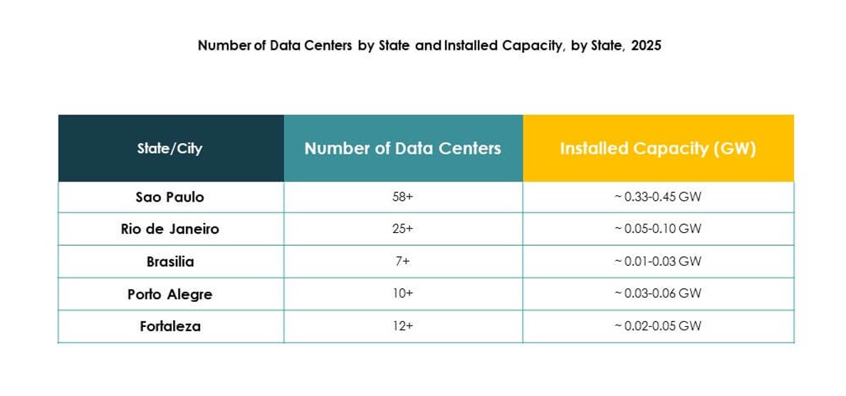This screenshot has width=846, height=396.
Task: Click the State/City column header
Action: (x=169, y=148)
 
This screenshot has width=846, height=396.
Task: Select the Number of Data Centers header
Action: (x=402, y=148)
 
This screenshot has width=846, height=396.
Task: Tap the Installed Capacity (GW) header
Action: (x=657, y=148)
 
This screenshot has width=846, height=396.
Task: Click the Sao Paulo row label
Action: (x=169, y=197)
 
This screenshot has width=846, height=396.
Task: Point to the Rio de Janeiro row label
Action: (x=169, y=229)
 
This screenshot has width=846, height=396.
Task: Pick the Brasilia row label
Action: (x=169, y=261)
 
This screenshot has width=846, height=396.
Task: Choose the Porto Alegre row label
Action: (x=169, y=293)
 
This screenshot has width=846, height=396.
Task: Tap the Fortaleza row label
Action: (x=169, y=326)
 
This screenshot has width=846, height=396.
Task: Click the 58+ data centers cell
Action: (x=402, y=197)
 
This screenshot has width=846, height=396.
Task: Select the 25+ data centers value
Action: (x=402, y=229)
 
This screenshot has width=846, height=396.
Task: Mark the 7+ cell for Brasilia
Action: (x=402, y=261)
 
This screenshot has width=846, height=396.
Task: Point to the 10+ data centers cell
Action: (x=402, y=293)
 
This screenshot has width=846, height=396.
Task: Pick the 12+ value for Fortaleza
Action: (x=402, y=326)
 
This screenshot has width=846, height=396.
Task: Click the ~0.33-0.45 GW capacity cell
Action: (x=657, y=197)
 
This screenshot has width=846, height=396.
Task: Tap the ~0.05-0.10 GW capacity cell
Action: (x=657, y=229)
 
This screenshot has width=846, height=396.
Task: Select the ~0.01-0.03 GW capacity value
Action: (x=657, y=261)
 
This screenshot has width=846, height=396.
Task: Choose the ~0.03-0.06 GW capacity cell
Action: (x=657, y=293)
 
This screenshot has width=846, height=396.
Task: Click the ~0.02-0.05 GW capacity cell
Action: (x=657, y=326)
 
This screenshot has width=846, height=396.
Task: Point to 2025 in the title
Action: (x=646, y=46)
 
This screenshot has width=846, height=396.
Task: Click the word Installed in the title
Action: (x=470, y=46)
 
